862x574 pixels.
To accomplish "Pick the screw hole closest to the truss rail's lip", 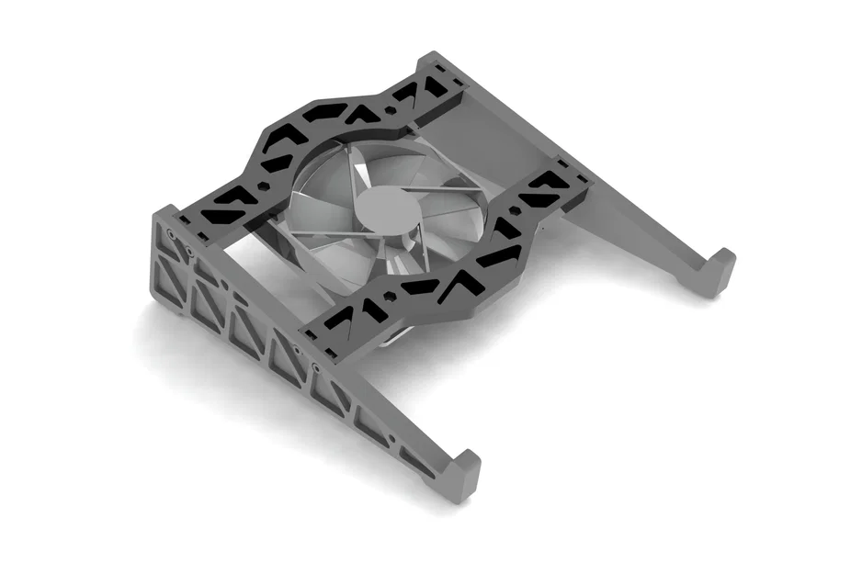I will click(317, 366).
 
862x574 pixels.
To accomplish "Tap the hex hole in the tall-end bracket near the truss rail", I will click(265, 184).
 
